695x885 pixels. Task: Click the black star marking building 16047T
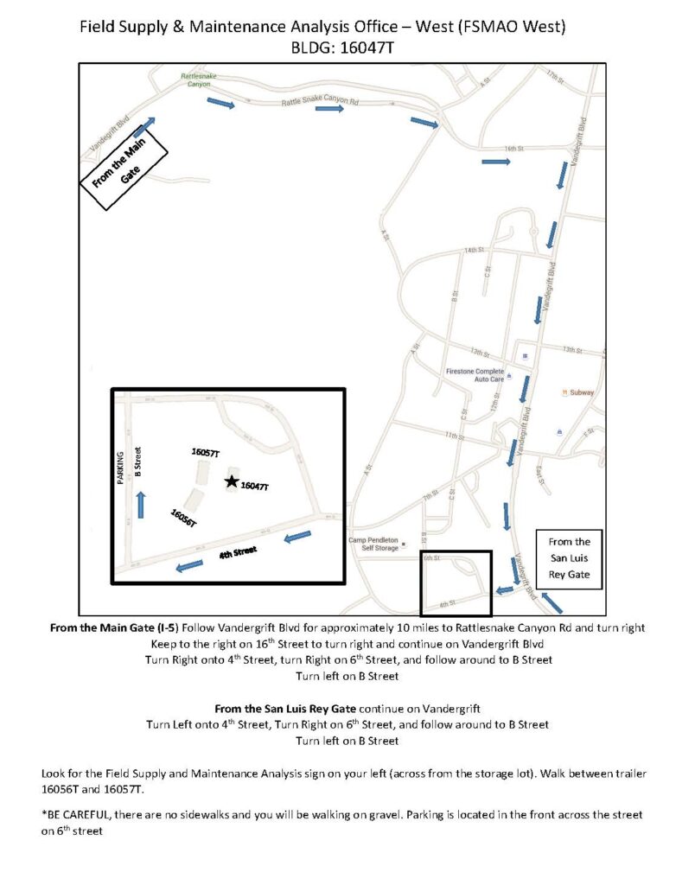click(231, 481)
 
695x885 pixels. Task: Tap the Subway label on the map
click(581, 392)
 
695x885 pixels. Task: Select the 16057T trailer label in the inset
click(206, 452)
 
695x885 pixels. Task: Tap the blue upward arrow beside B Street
click(141, 505)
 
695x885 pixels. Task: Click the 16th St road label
click(516, 149)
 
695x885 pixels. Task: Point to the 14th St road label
click(474, 250)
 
